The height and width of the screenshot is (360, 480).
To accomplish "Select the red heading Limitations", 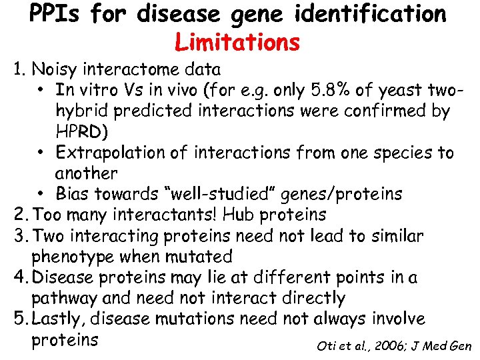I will pos(237,43).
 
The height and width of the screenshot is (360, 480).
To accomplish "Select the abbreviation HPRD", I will pos(77,131).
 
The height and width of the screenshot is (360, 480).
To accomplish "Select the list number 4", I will pos(17,277).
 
